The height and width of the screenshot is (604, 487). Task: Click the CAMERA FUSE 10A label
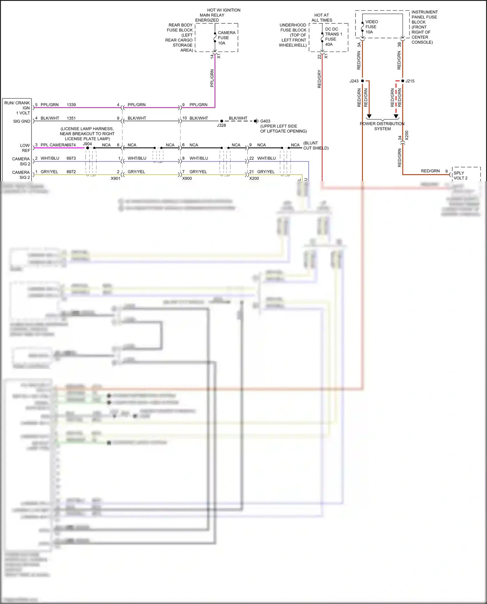click(x=226, y=38)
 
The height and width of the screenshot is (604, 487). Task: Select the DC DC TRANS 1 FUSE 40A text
click(x=333, y=37)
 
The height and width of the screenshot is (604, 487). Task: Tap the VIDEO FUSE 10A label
click(x=371, y=27)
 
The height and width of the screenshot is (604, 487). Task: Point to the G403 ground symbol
click(x=256, y=121)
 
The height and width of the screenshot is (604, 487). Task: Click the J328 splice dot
click(x=222, y=121)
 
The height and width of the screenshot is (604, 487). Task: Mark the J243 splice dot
click(x=363, y=81)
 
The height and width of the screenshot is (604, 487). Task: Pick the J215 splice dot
click(x=403, y=81)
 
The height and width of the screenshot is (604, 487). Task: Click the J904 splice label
click(x=87, y=144)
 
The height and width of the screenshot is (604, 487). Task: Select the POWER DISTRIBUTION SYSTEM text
click(x=382, y=126)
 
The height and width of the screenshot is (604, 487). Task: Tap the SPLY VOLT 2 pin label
click(x=460, y=176)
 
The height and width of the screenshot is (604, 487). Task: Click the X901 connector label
click(x=116, y=179)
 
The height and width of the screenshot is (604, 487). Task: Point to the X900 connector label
click(x=187, y=179)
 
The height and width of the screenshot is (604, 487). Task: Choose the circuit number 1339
click(x=71, y=105)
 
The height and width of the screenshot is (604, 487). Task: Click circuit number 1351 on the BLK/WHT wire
click(x=71, y=118)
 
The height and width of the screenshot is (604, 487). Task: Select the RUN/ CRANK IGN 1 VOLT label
click(x=17, y=108)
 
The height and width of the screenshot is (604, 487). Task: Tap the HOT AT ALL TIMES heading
click(x=321, y=18)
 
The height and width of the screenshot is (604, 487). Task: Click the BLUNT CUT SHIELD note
click(x=315, y=145)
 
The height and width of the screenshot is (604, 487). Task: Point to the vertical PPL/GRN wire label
click(x=212, y=78)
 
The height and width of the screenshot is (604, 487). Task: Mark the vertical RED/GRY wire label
click(x=319, y=79)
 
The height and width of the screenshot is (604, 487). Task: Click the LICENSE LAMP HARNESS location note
click(x=87, y=134)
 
